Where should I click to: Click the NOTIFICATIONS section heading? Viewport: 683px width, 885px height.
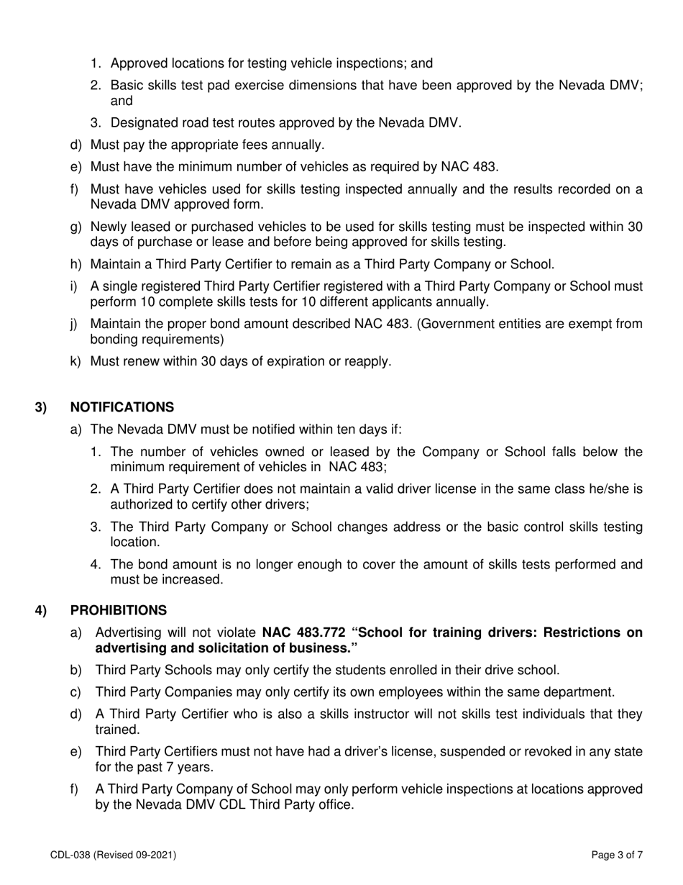(x=122, y=407)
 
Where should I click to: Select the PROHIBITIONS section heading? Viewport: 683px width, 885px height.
(x=118, y=610)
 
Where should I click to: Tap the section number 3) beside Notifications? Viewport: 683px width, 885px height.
(x=41, y=407)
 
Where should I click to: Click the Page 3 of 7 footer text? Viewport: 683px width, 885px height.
(x=616, y=855)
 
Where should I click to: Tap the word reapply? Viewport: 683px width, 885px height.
(x=367, y=361)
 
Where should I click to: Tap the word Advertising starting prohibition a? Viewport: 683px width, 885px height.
(x=129, y=632)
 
